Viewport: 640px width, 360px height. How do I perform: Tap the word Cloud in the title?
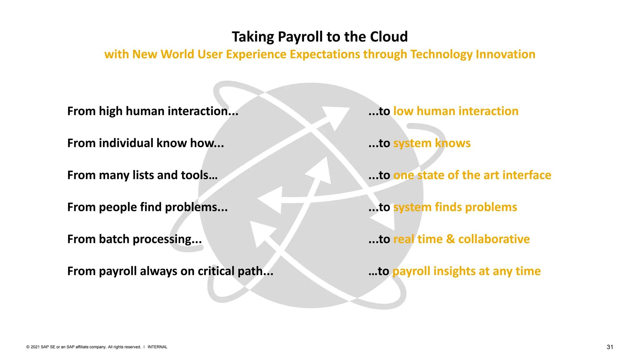click(x=389, y=37)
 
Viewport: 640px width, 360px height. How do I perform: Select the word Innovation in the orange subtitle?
click(x=505, y=54)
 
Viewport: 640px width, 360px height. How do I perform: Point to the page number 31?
click(x=610, y=347)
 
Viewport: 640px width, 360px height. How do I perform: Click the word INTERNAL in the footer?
click(x=157, y=347)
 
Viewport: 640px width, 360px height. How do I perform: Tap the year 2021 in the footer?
click(x=35, y=347)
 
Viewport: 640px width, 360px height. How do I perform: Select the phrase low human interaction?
click(x=456, y=111)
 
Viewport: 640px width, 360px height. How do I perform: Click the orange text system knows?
click(x=432, y=143)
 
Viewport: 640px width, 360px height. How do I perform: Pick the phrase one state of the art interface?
click(x=472, y=175)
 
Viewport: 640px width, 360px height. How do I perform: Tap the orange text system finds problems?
click(x=455, y=207)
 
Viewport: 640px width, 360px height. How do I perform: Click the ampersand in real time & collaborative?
click(x=450, y=239)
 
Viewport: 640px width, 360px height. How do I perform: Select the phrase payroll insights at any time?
click(x=466, y=271)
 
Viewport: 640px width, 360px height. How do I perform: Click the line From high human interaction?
click(x=152, y=111)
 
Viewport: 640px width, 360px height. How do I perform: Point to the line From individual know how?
click(x=145, y=143)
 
